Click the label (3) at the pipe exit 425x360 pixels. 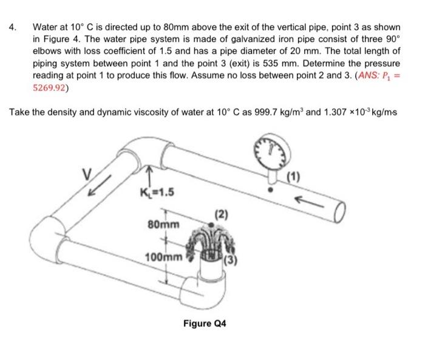pos(232,262)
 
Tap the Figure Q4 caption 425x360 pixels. pos(205,324)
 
